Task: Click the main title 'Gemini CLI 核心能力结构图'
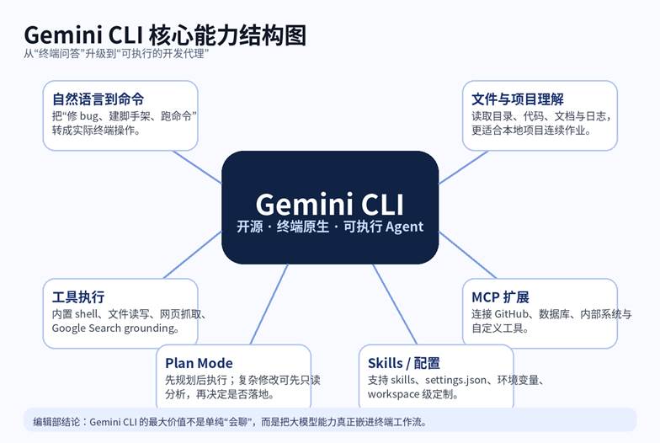click(x=164, y=35)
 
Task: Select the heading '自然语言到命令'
click(x=98, y=99)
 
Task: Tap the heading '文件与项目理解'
click(x=517, y=99)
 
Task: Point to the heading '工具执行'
click(x=78, y=297)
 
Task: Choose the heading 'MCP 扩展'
click(x=500, y=297)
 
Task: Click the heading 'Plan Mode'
click(x=199, y=364)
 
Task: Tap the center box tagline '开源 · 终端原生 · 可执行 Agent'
click(x=329, y=227)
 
